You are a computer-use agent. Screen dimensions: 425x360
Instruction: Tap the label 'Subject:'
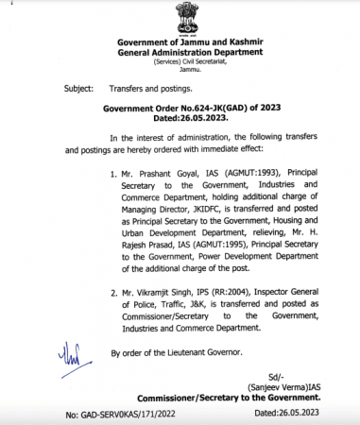[78, 87]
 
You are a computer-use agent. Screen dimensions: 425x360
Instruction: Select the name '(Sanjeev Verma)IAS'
[281, 387]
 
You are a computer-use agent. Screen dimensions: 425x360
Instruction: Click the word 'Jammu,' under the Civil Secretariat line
[180, 72]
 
